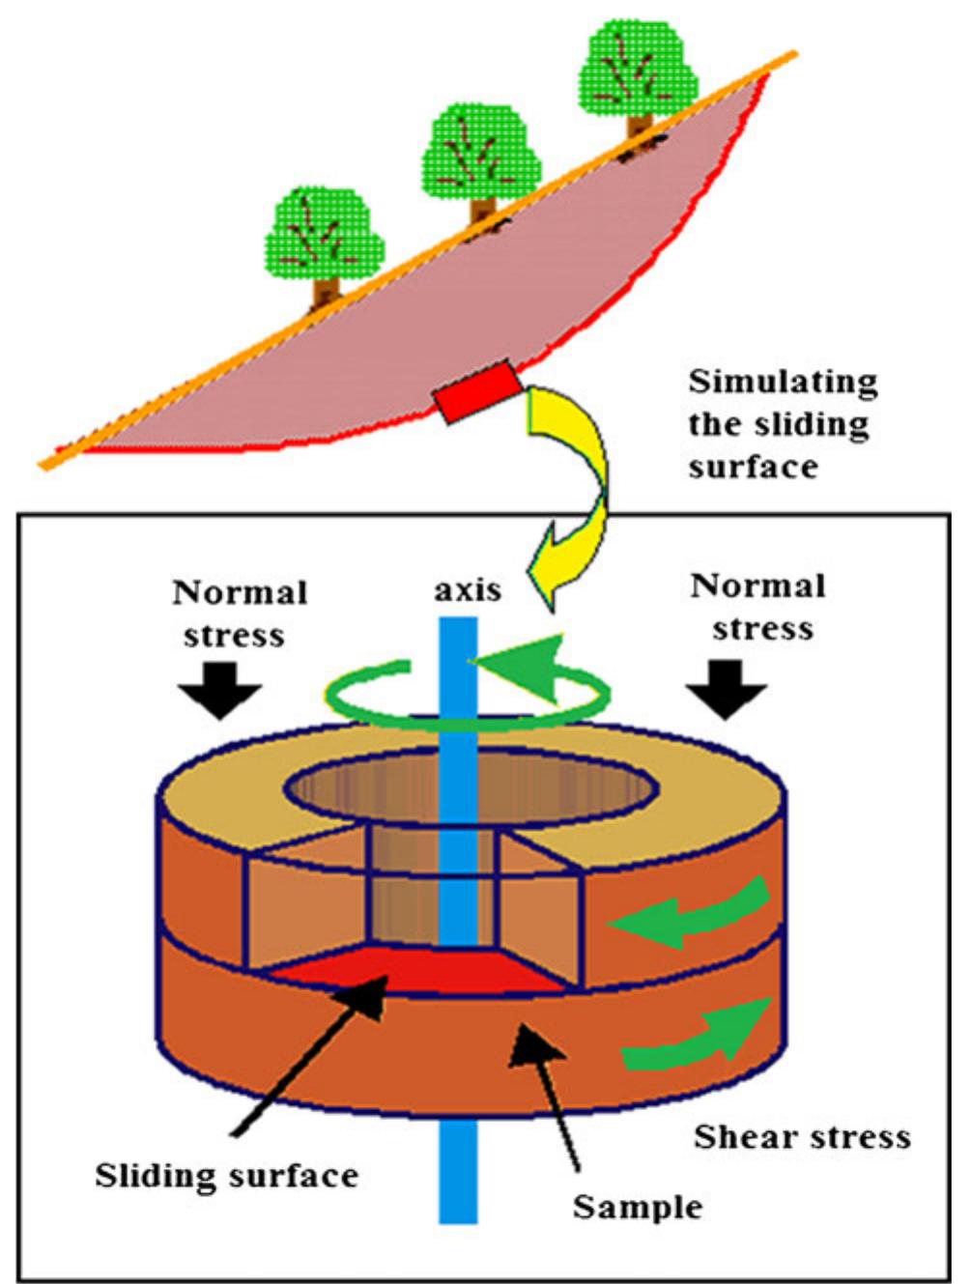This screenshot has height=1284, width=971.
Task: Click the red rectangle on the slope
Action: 476,391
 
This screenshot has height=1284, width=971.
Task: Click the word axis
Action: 468,589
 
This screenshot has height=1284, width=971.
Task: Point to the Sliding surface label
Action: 226,1176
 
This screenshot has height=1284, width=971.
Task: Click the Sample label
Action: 638,1207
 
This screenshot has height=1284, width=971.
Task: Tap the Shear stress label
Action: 802,1136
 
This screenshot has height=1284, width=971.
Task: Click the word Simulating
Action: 783,383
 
